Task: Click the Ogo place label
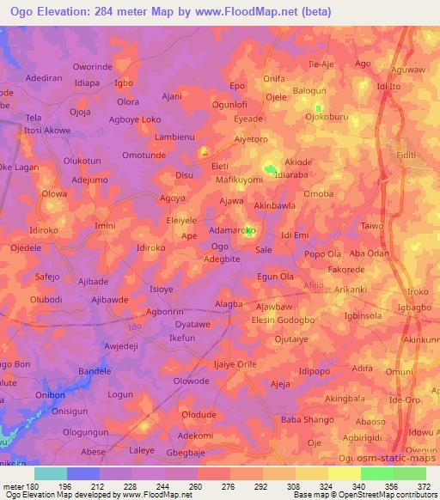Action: (x=220, y=247)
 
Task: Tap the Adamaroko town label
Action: (x=233, y=232)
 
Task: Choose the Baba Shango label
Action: (x=304, y=419)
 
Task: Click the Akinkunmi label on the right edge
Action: (x=420, y=339)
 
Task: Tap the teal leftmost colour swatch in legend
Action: (x=50, y=473)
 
